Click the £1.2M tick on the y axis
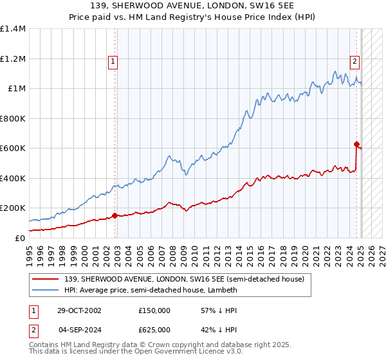click(14, 59)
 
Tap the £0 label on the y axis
click(21, 238)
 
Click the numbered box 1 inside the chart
click(113, 62)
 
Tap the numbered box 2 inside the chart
click(354, 62)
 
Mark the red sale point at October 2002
click(115, 215)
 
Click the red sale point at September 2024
click(356, 144)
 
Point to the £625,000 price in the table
click(154, 330)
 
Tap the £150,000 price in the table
click(154, 310)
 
